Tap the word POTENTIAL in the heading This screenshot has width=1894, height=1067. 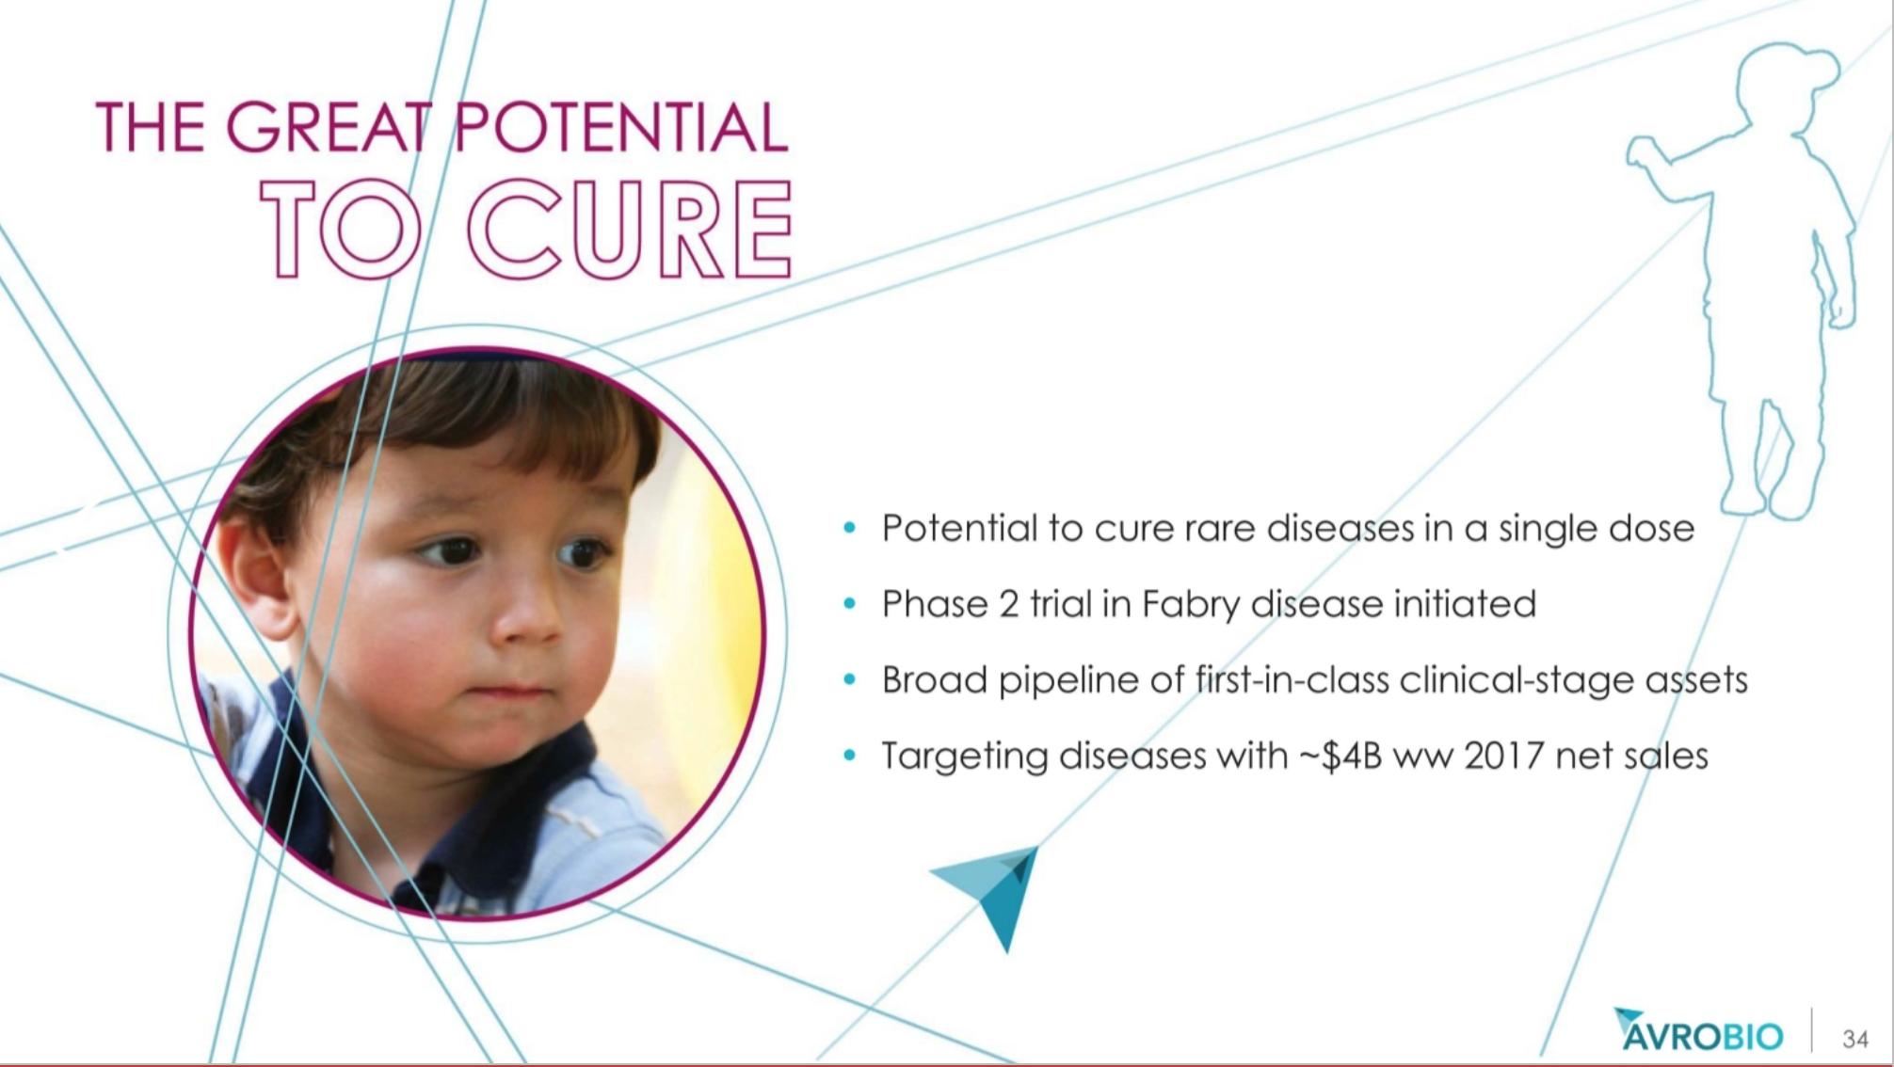pyautogui.click(x=622, y=128)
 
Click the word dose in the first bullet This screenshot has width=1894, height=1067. pyautogui.click(x=1651, y=529)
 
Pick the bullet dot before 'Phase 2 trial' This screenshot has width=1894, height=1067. pyautogui.click(x=850, y=604)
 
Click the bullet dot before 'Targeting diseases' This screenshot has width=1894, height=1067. pyautogui.click(x=850, y=756)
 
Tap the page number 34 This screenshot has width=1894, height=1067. pyautogui.click(x=1854, y=1039)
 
